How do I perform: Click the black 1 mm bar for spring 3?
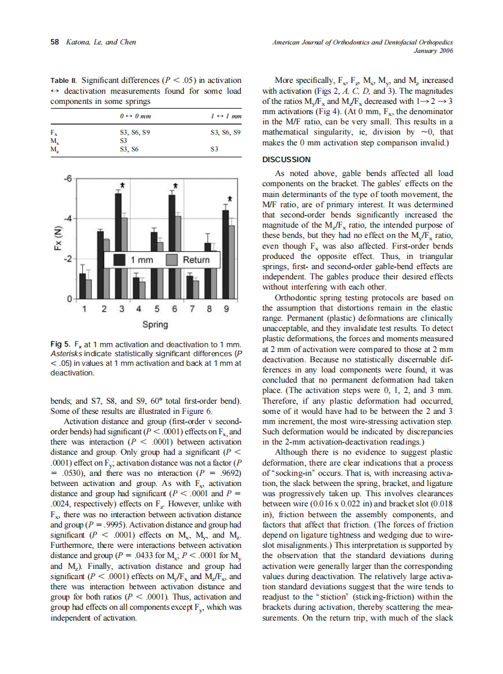point(118,240)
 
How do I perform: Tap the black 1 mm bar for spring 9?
point(225,252)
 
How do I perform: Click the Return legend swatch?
point(172,260)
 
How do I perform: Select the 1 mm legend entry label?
point(142,260)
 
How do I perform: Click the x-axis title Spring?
point(155,325)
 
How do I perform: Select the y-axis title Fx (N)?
point(57,239)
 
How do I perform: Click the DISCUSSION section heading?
point(286,159)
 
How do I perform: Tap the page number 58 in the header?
point(54,42)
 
